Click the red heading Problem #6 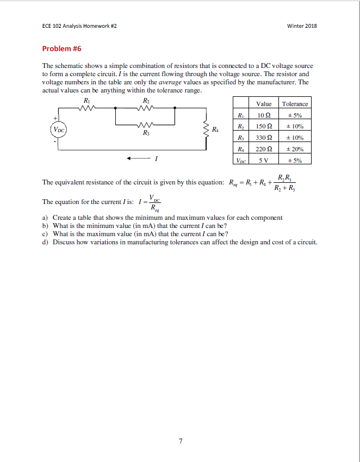click(61, 48)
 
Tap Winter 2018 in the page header click(302, 26)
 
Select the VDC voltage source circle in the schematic click(58, 129)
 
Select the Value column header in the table click(264, 104)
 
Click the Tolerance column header click(295, 104)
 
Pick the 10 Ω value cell click(264, 115)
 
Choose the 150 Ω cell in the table click(264, 126)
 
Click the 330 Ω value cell click(264, 138)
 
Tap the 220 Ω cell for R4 click(264, 149)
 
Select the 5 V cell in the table click(264, 160)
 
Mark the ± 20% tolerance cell click(295, 149)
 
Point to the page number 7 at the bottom click(180, 439)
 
